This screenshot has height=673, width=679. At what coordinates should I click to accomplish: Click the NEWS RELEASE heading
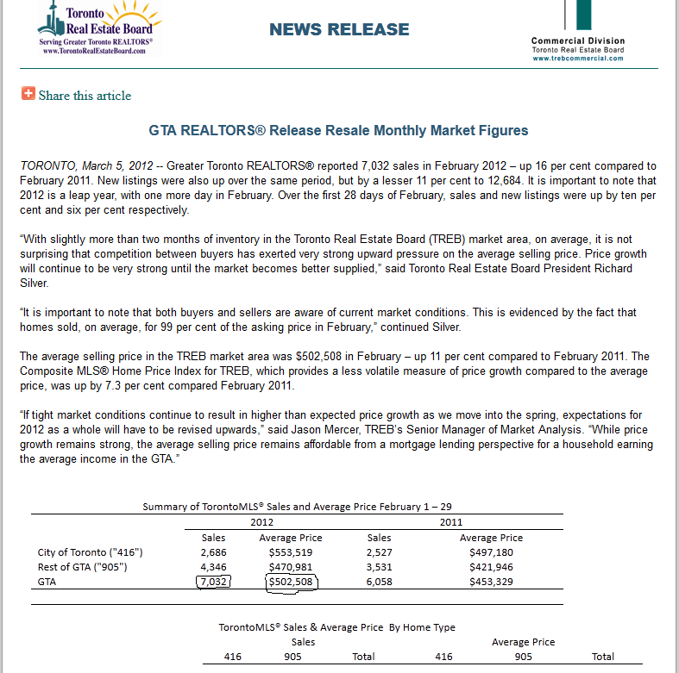(339, 29)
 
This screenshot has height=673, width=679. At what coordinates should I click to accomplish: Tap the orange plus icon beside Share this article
(28, 94)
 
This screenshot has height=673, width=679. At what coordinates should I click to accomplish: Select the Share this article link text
(85, 96)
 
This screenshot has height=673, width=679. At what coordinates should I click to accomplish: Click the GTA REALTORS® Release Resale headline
(338, 131)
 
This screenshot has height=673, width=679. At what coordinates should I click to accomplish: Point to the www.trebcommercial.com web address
(578, 58)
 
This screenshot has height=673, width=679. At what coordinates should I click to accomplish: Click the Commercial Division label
(578, 41)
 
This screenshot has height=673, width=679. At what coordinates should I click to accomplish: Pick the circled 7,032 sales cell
(213, 582)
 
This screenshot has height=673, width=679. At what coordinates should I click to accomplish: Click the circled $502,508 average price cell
(291, 582)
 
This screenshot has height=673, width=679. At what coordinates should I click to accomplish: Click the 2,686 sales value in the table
(213, 552)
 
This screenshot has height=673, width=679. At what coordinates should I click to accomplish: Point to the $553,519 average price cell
(291, 552)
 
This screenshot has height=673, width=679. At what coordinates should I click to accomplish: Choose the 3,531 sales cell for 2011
(379, 567)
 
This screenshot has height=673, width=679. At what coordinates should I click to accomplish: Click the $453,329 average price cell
(491, 582)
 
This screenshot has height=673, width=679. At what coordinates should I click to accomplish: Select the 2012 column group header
(261, 522)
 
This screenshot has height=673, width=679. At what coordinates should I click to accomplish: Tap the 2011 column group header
(450, 522)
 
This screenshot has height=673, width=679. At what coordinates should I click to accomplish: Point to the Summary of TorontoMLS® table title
(297, 507)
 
